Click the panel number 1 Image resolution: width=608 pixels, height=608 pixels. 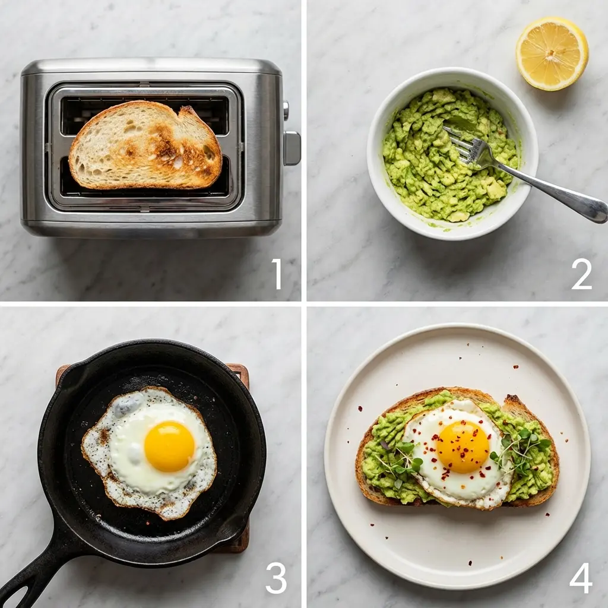click(277, 274)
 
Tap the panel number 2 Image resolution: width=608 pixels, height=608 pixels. click(581, 274)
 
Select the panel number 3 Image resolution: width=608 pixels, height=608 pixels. click(275, 578)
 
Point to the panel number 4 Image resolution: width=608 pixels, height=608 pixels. click(581, 578)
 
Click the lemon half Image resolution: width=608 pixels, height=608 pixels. click(552, 53)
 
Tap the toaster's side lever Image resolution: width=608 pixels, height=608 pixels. click(292, 148)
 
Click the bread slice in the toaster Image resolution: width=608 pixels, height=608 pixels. click(145, 145)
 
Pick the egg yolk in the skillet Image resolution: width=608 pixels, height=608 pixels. click(169, 446)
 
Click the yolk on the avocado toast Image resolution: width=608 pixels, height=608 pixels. click(463, 446)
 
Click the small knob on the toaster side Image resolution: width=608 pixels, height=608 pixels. click(286, 110)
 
